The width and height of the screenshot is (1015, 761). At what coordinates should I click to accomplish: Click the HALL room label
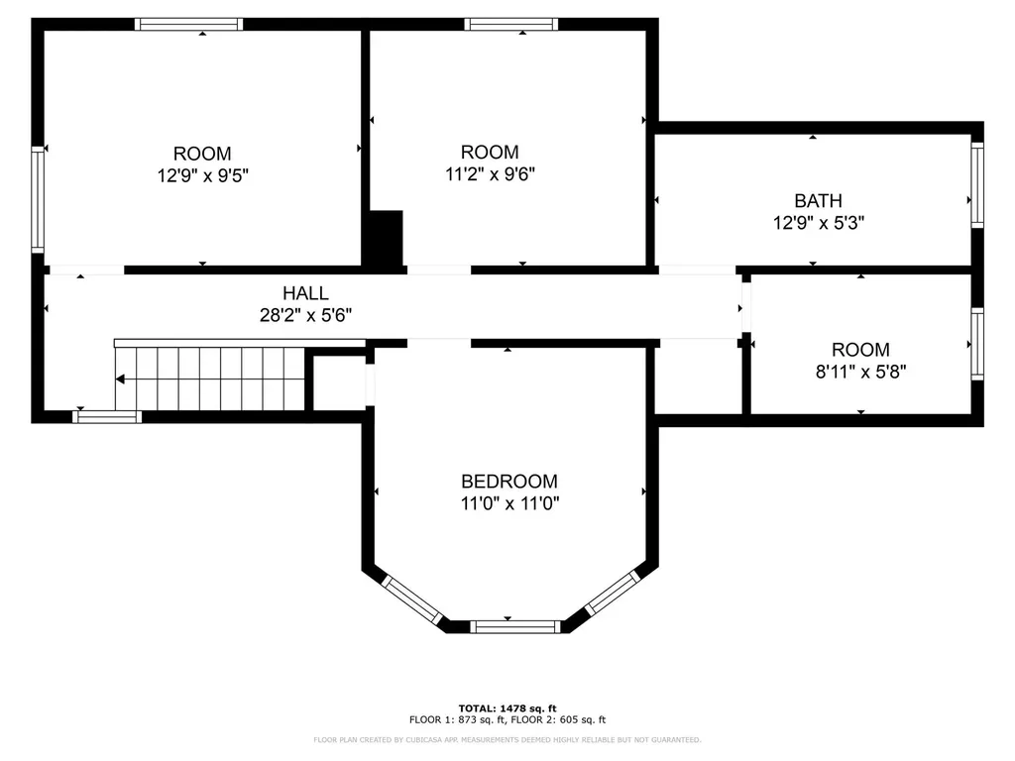click(x=305, y=293)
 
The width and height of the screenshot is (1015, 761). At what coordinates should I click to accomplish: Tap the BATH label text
click(x=818, y=200)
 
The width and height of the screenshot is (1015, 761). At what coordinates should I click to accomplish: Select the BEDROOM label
click(x=509, y=482)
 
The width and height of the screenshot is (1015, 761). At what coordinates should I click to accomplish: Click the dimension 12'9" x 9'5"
click(x=202, y=175)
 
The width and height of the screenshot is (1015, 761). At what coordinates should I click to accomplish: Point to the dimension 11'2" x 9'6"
click(x=490, y=174)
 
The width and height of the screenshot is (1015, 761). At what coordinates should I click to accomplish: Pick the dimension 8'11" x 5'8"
click(x=861, y=372)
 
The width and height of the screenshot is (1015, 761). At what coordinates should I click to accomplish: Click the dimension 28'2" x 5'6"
click(x=305, y=315)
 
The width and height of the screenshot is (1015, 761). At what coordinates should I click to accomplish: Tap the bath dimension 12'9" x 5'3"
click(x=818, y=223)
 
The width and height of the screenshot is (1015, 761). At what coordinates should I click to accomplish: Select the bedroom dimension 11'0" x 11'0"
click(x=509, y=503)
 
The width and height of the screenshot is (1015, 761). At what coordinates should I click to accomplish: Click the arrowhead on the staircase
click(x=120, y=380)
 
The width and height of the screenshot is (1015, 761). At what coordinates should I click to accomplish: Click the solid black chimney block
click(x=386, y=238)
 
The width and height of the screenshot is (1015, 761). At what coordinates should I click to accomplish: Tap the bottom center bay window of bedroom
click(x=515, y=626)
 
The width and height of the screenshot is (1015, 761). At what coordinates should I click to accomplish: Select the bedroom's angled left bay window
click(x=411, y=599)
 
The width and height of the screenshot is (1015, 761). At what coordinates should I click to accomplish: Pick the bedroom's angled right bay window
click(x=613, y=593)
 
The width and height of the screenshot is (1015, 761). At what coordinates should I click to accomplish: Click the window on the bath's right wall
click(x=977, y=185)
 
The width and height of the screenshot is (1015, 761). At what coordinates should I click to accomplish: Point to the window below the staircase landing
click(x=107, y=417)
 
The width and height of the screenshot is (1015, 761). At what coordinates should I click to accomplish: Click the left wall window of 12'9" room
click(x=38, y=199)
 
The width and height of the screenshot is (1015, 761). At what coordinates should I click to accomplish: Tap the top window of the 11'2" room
click(x=511, y=25)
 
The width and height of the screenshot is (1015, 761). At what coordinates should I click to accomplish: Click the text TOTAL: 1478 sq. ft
click(x=507, y=708)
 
